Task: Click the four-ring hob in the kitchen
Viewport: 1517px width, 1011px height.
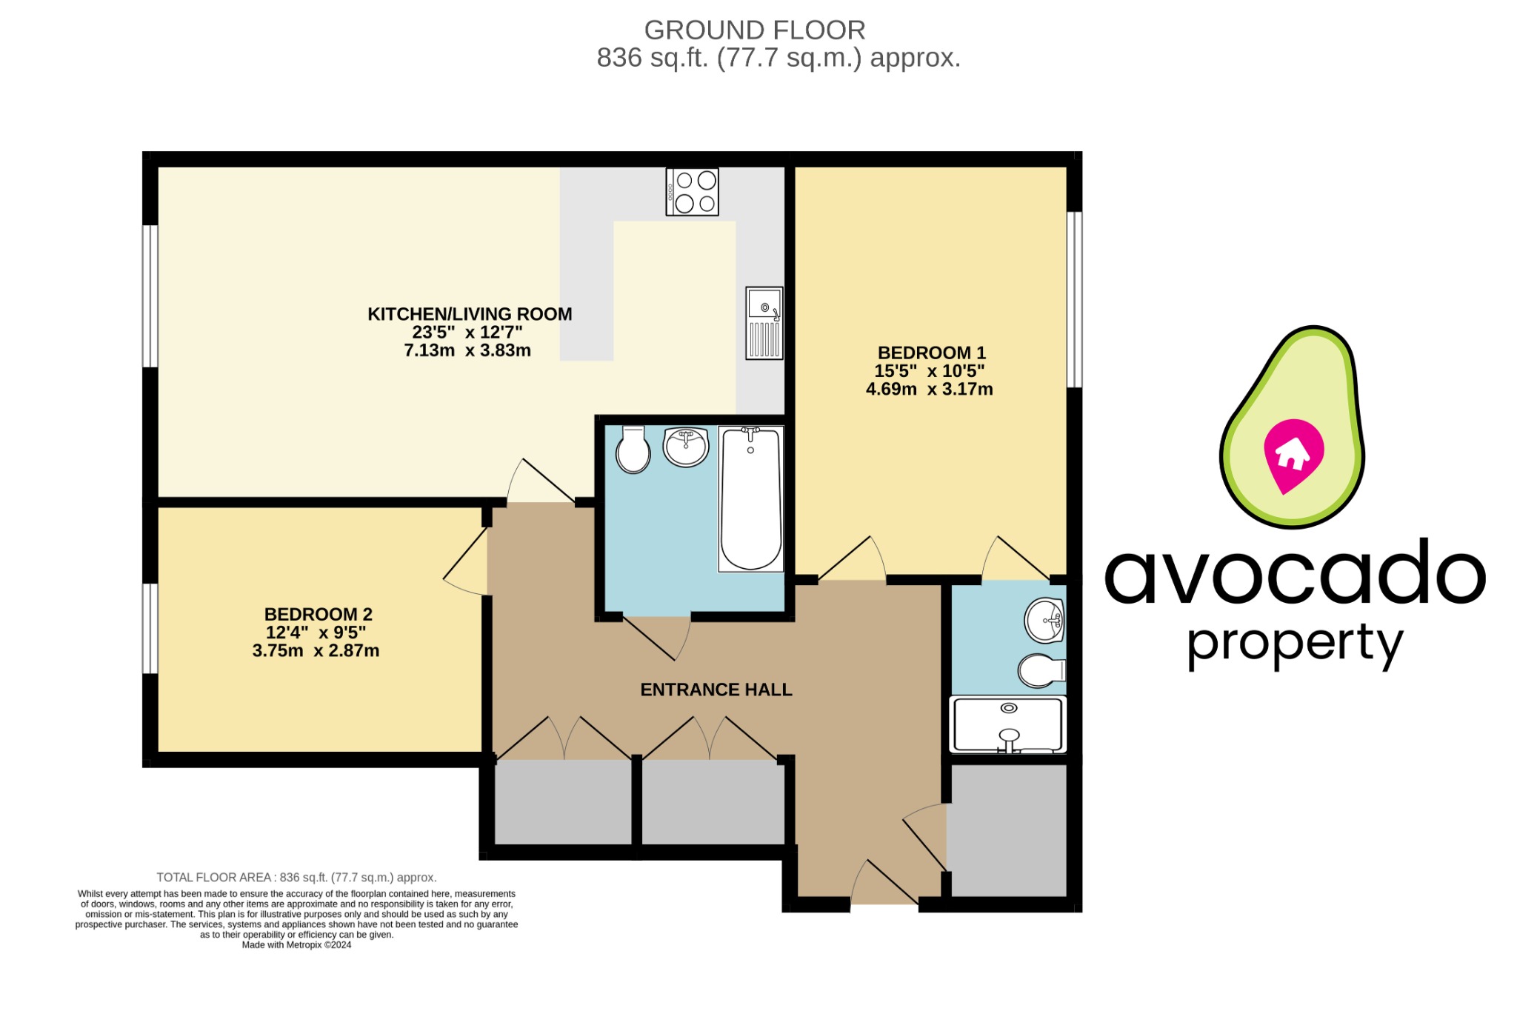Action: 692,192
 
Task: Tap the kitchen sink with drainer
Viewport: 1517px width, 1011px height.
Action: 764,324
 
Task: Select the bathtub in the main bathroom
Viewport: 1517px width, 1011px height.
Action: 750,498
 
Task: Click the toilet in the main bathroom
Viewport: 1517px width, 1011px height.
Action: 633,450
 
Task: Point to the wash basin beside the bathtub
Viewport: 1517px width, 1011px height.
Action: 686,447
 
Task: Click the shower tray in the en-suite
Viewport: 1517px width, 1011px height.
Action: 1008,724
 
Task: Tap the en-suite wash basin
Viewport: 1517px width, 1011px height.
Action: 1044,620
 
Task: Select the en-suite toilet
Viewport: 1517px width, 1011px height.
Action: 1041,671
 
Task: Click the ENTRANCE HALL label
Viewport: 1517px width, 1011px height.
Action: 716,690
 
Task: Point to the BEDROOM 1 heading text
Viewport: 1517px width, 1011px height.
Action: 931,353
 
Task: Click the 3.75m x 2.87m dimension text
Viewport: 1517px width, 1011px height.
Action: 316,651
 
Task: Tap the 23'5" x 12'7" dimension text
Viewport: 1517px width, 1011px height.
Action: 467,333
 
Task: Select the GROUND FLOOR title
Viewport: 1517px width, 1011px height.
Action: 754,30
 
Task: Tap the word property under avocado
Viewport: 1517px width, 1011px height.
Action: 1295,644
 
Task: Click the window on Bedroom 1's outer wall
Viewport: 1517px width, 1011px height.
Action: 1074,299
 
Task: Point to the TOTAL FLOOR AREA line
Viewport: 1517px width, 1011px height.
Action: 296,878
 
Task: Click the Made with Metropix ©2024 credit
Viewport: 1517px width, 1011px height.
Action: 296,945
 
